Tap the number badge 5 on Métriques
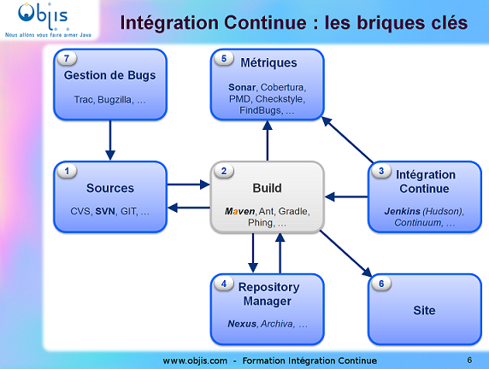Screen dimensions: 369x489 click(225, 59)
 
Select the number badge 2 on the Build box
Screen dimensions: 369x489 click(225, 171)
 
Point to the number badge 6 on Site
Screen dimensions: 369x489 click(382, 284)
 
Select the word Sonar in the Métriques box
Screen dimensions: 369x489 click(242, 87)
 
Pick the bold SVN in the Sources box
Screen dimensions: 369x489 click(105, 210)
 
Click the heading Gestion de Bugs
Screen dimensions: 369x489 click(110, 75)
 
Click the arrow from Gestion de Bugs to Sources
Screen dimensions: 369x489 click(110, 140)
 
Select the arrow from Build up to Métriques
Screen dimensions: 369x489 click(268, 140)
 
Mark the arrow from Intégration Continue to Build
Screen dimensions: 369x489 click(345, 197)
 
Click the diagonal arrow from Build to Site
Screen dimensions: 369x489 click(345, 254)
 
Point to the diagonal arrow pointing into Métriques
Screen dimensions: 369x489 click(347, 139)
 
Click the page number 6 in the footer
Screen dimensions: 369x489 click(469, 360)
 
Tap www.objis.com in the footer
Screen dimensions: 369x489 click(194, 360)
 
